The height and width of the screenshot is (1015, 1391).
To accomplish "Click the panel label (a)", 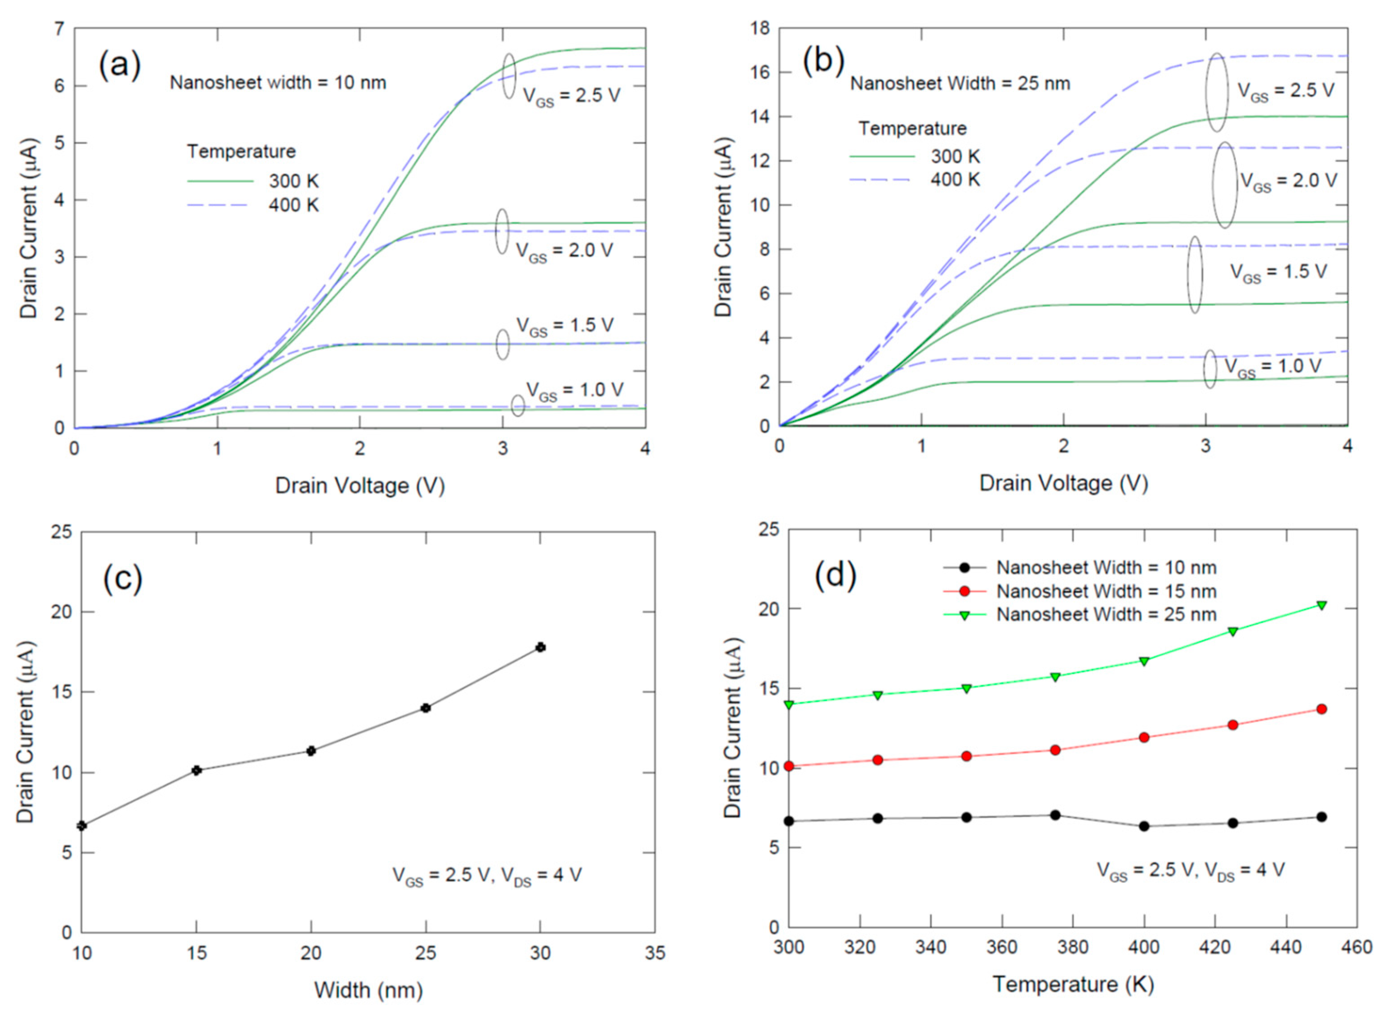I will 120,65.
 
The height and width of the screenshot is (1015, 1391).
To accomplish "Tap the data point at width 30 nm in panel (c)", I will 540,647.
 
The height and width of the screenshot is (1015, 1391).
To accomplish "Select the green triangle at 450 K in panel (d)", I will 1322,605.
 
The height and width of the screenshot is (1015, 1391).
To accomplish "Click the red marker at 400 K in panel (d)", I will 1144,737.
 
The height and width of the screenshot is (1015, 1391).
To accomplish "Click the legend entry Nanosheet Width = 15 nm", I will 1106,591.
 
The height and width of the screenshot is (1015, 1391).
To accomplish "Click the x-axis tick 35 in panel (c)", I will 654,953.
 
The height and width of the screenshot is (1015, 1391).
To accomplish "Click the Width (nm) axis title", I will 368,990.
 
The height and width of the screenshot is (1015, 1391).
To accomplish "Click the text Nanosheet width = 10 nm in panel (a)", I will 278,82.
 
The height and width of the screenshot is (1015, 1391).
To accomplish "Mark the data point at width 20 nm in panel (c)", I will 311,750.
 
